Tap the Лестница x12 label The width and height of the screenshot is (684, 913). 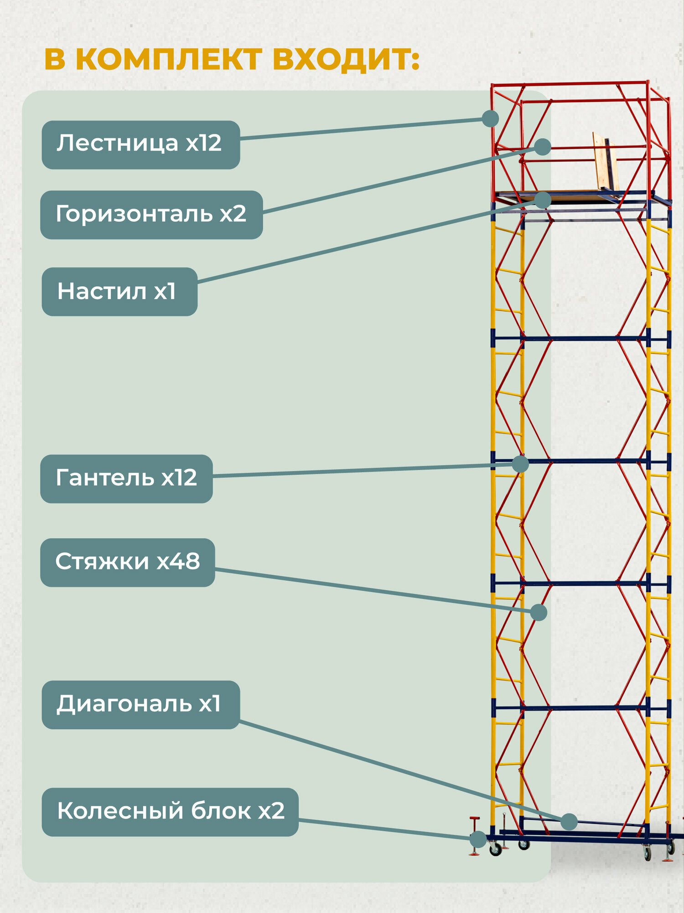(x=140, y=144)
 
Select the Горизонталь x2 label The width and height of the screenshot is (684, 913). (x=151, y=215)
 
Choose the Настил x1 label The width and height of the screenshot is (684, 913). (x=119, y=292)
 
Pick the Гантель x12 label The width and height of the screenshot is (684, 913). (x=126, y=478)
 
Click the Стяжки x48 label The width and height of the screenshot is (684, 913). (x=127, y=562)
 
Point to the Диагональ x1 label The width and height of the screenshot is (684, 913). (x=140, y=704)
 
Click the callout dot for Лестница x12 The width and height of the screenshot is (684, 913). (x=490, y=119)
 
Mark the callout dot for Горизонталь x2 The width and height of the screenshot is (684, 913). (x=543, y=147)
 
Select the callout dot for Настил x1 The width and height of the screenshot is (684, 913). (x=543, y=200)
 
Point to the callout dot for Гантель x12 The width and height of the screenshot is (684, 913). (x=520, y=464)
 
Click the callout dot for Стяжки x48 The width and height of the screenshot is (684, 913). (x=539, y=613)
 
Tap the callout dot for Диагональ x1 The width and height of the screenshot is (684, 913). (x=569, y=822)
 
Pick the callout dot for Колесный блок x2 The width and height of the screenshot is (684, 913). (x=478, y=839)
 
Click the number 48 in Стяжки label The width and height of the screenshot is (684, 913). (x=186, y=562)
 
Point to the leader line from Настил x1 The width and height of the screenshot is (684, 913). (x=365, y=242)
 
